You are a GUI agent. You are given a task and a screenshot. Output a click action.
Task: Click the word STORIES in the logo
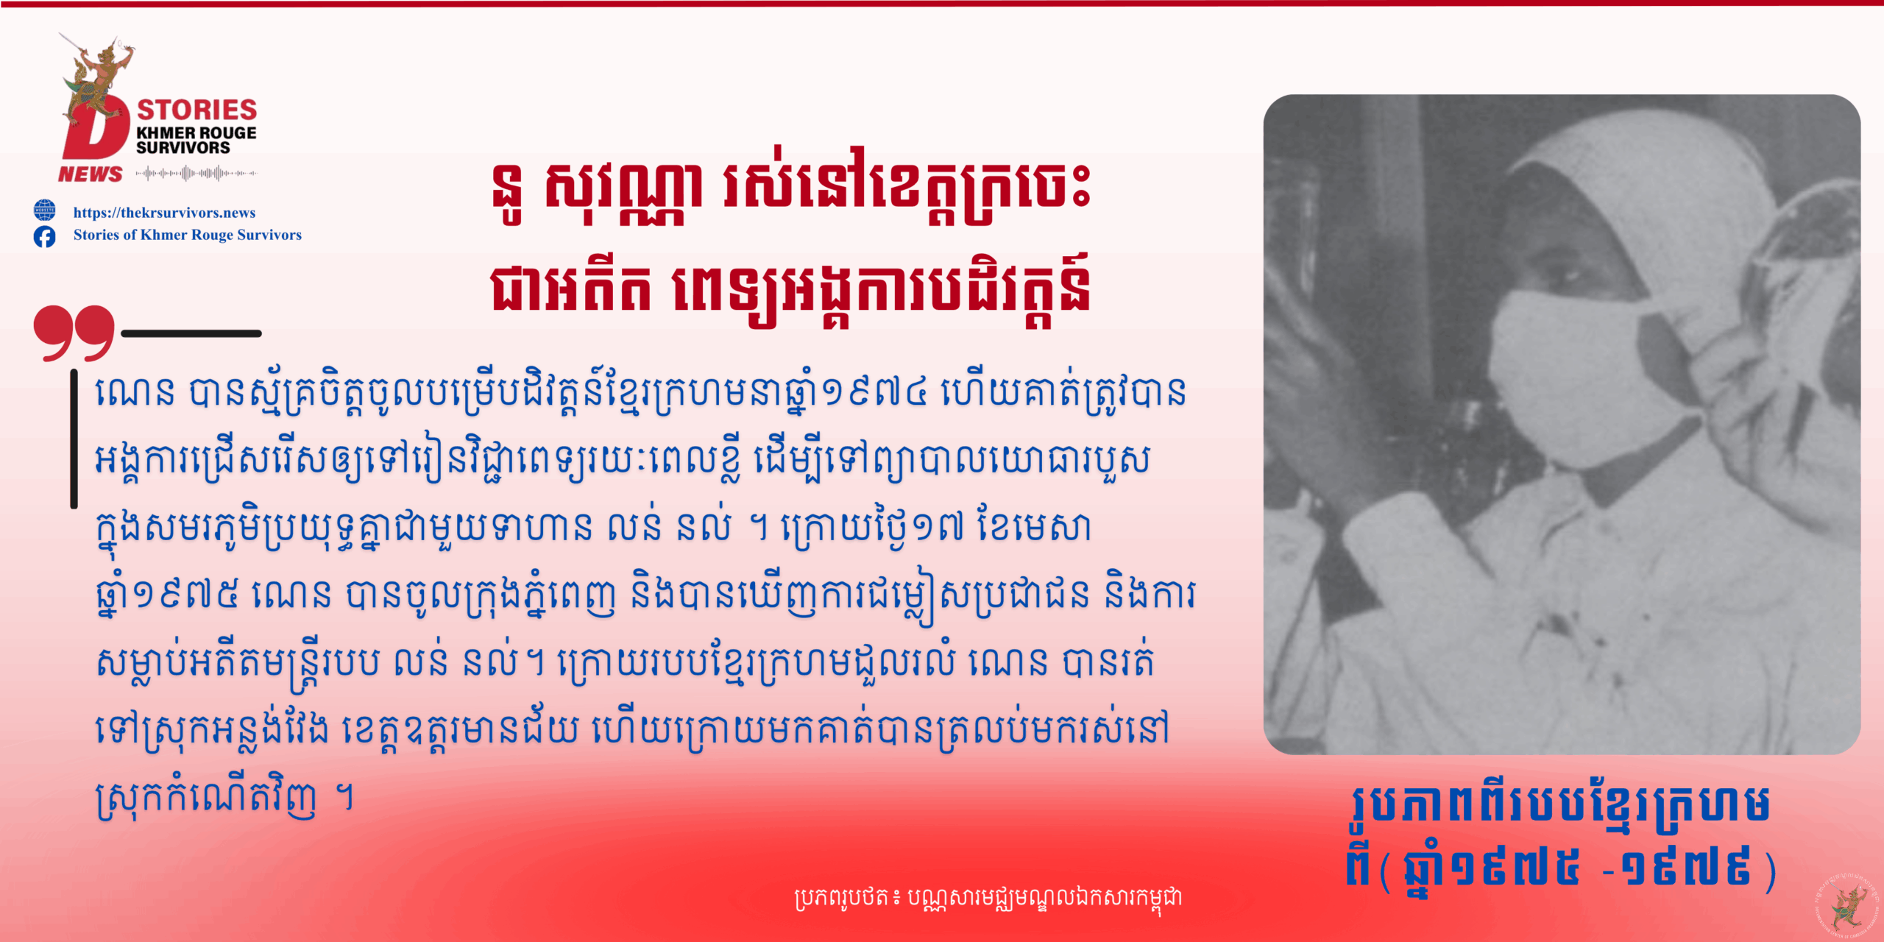(197, 110)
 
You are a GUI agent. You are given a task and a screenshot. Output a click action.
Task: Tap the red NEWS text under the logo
(91, 174)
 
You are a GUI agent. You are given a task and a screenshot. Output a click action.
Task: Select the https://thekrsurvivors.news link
(164, 213)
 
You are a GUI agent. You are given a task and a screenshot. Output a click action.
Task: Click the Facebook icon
(44, 236)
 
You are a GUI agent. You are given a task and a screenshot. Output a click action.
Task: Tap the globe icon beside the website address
(44, 210)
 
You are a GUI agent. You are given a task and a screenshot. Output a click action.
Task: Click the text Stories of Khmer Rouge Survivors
(188, 235)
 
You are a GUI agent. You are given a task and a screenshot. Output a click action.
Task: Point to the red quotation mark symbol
(74, 333)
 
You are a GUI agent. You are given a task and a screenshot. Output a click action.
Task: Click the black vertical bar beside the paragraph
(74, 439)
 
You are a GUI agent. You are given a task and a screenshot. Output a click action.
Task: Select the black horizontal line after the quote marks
(191, 333)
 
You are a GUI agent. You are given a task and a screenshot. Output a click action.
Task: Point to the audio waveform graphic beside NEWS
(196, 174)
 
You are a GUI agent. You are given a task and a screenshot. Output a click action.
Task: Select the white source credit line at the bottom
(988, 897)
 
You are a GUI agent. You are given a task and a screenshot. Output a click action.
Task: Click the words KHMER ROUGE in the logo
(196, 133)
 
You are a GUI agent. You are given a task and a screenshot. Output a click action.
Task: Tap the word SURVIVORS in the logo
(183, 148)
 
